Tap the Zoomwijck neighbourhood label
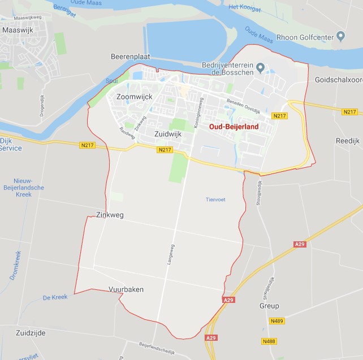click(x=134, y=97)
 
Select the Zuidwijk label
click(x=167, y=133)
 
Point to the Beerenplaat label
click(x=129, y=57)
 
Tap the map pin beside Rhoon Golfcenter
click(x=340, y=37)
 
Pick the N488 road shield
click(x=269, y=341)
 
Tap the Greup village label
click(x=269, y=306)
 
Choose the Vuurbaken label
click(x=126, y=289)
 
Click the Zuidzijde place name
click(x=31, y=333)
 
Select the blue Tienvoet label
click(x=215, y=199)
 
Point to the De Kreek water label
click(x=55, y=297)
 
